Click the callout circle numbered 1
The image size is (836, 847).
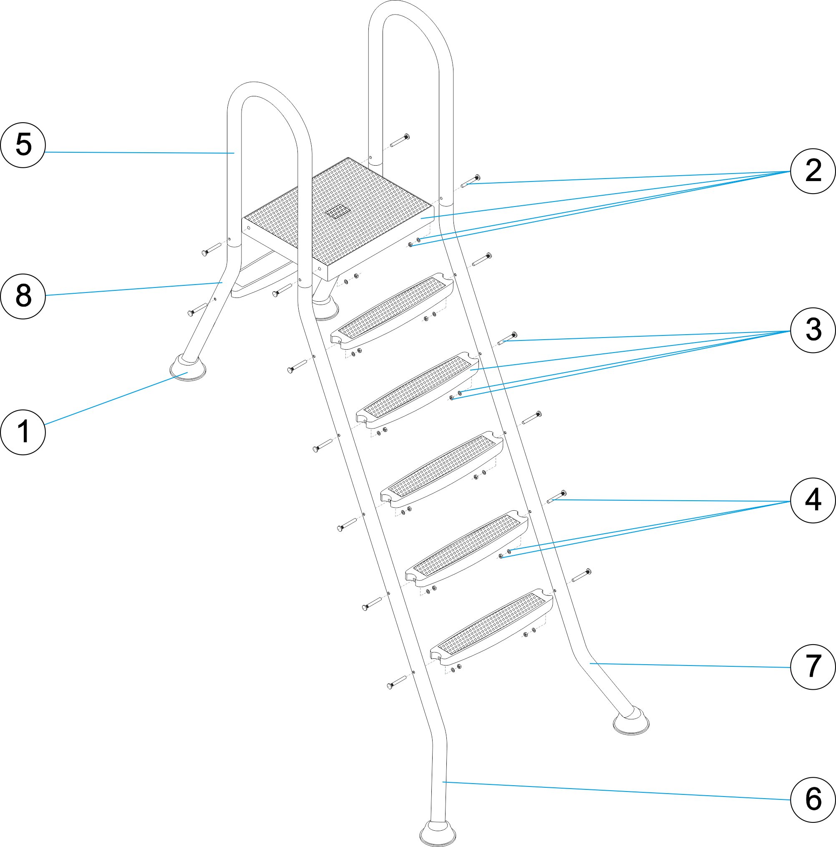23,432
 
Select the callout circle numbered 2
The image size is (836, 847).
813,171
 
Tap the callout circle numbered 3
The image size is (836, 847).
813,330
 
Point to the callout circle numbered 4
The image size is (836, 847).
813,500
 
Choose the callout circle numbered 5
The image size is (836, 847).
23,145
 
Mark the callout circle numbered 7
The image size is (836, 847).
813,667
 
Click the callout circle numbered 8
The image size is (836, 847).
23,296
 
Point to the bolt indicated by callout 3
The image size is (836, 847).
508,339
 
